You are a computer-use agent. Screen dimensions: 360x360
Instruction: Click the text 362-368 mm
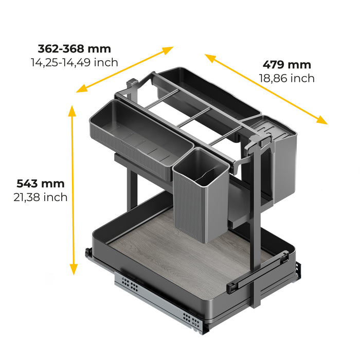74,49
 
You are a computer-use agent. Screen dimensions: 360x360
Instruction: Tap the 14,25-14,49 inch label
74,62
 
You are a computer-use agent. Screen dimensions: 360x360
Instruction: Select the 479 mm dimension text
287,65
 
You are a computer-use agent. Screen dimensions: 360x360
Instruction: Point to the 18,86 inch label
287,78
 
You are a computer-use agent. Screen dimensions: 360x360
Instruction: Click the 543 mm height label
40,184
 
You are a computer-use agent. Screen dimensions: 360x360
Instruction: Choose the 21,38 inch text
40,197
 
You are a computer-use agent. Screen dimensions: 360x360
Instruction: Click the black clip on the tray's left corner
88,254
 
